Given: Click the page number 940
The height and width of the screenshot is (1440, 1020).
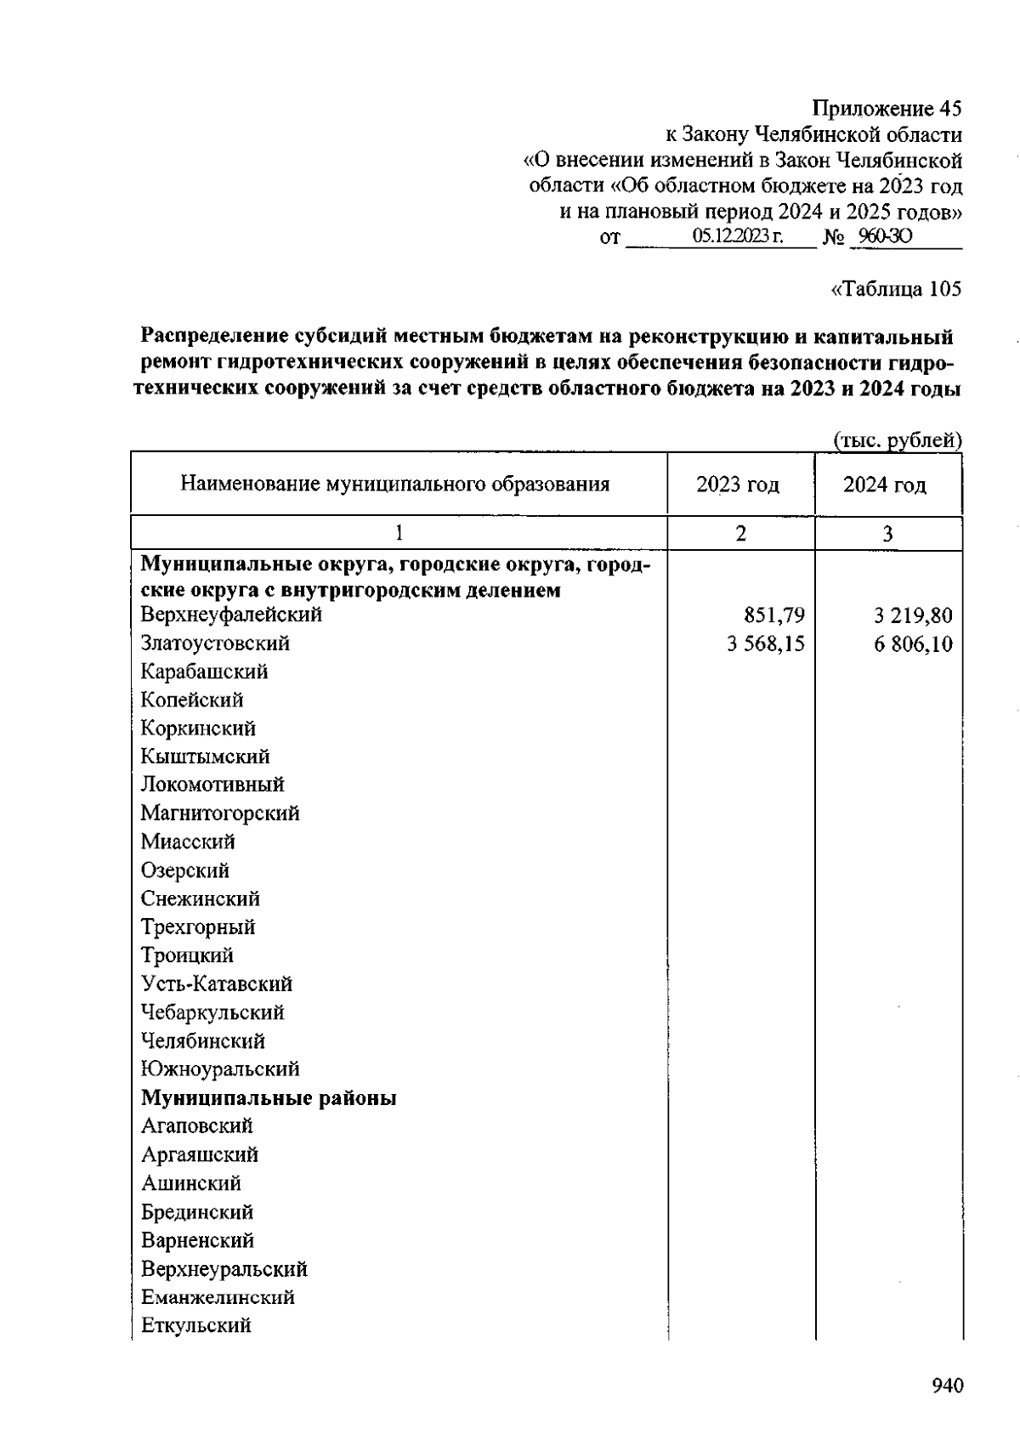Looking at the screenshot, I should (x=947, y=1386).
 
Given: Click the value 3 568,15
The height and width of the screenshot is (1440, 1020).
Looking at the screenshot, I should (x=765, y=644).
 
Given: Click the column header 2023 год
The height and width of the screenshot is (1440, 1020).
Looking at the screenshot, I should (x=738, y=485).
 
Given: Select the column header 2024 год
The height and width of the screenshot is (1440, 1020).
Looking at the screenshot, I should (x=885, y=485).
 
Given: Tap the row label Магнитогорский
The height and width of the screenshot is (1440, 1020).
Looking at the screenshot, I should (x=220, y=814).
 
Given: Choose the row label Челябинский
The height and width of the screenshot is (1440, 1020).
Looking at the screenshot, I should (x=203, y=1041).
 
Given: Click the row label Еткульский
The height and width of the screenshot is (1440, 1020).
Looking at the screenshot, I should (x=196, y=1326).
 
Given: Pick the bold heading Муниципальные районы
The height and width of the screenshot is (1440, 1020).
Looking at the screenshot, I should (x=269, y=1098).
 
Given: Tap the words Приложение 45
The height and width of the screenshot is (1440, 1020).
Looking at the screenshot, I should (x=887, y=109).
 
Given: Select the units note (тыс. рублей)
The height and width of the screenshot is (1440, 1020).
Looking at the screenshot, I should (x=897, y=440).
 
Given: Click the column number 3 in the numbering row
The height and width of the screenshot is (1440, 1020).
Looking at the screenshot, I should (x=887, y=534).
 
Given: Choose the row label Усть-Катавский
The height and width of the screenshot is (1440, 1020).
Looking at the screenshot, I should (x=217, y=984).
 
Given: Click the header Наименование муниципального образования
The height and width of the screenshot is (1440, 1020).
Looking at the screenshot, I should (x=395, y=485).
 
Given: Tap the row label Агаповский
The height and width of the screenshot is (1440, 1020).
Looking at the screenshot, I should (x=197, y=1126).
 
